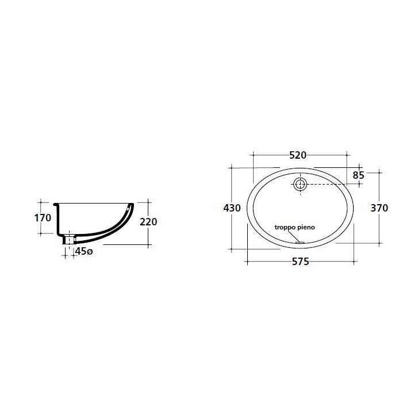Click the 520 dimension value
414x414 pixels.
point(298,155)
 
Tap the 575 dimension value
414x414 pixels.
point(301,262)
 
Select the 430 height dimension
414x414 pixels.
point(232,208)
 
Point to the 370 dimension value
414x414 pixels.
point(379,208)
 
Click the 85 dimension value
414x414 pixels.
point(359,175)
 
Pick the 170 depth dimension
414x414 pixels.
point(43,218)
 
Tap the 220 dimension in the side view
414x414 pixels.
point(148,222)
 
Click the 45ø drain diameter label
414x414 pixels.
point(84,251)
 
